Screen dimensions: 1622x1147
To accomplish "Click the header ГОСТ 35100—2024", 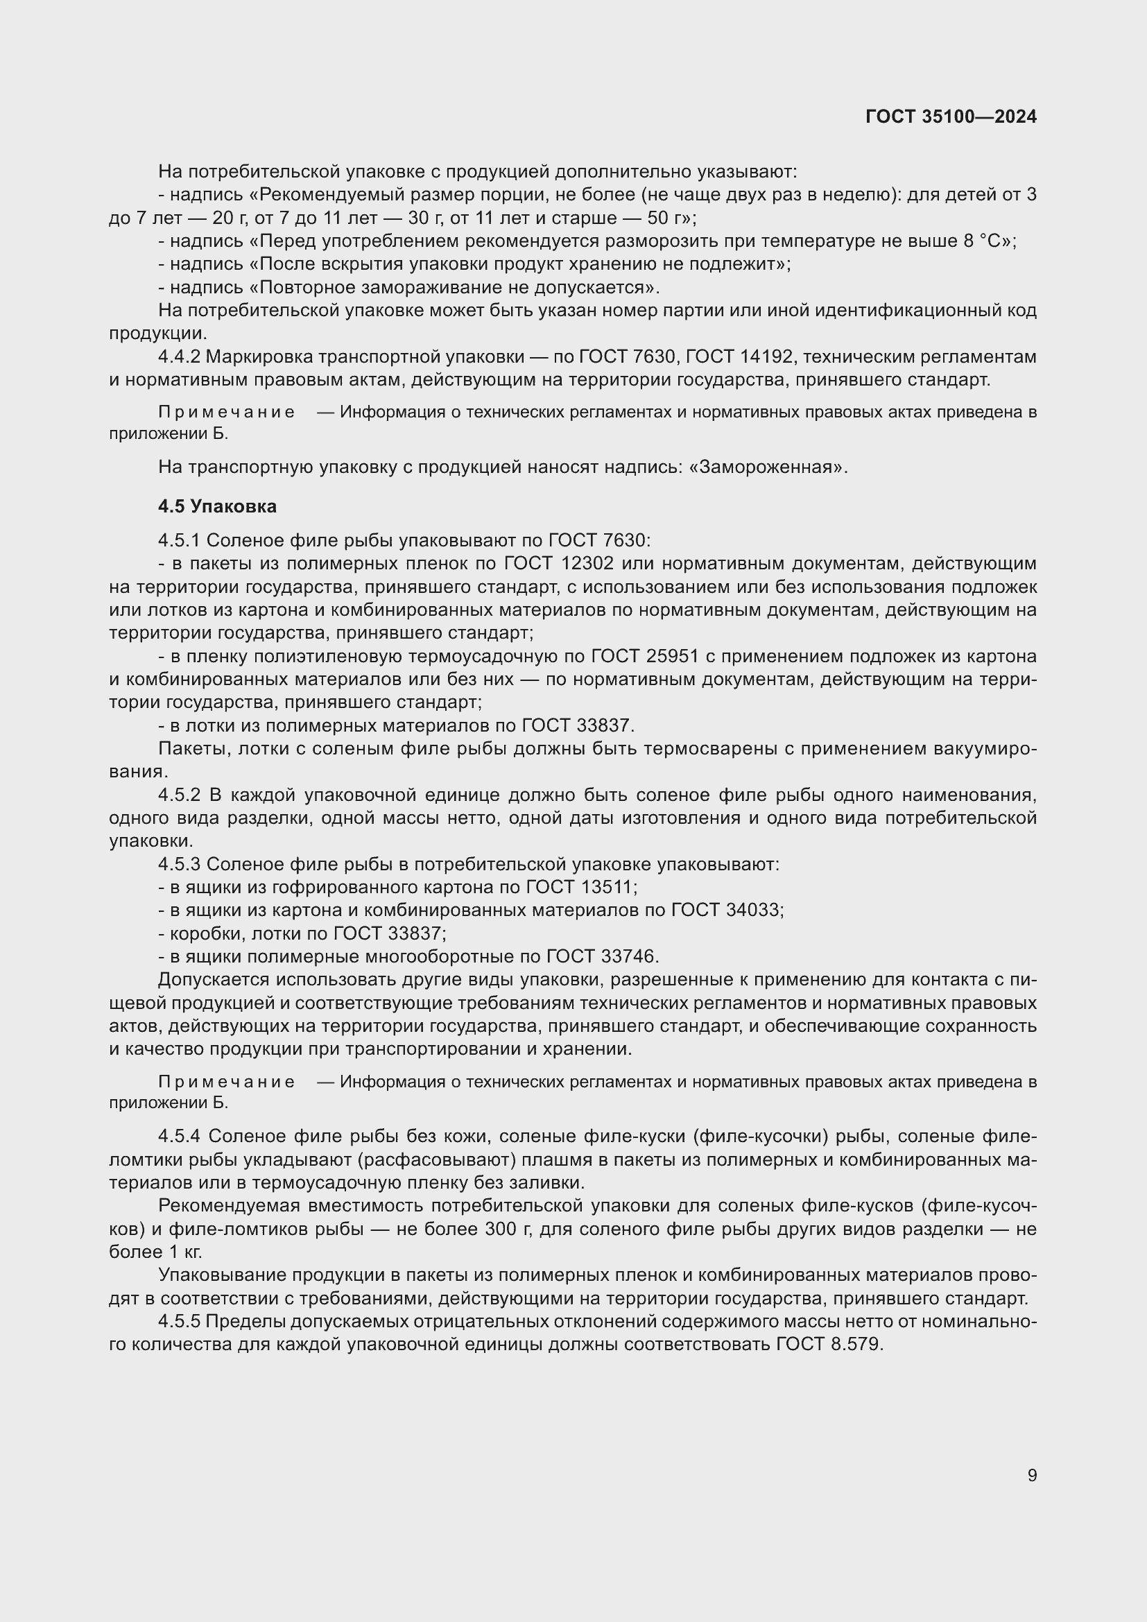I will click(x=951, y=117).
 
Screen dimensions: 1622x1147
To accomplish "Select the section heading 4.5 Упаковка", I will click(x=218, y=506).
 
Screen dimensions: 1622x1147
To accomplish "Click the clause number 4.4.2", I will click(x=180, y=356).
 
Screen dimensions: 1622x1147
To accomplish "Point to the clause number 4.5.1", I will click(x=180, y=540).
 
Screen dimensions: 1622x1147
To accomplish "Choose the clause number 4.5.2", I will click(x=180, y=795).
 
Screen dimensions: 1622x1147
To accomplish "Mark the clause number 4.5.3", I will click(x=180, y=864).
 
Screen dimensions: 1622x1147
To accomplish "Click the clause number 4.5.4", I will click(x=180, y=1136).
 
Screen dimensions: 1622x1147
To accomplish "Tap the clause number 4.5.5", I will click(x=180, y=1321).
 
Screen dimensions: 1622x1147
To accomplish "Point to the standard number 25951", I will click(x=672, y=656).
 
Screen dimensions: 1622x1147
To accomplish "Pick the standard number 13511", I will click(x=609, y=888).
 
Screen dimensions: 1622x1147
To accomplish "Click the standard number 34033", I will click(x=754, y=910).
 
